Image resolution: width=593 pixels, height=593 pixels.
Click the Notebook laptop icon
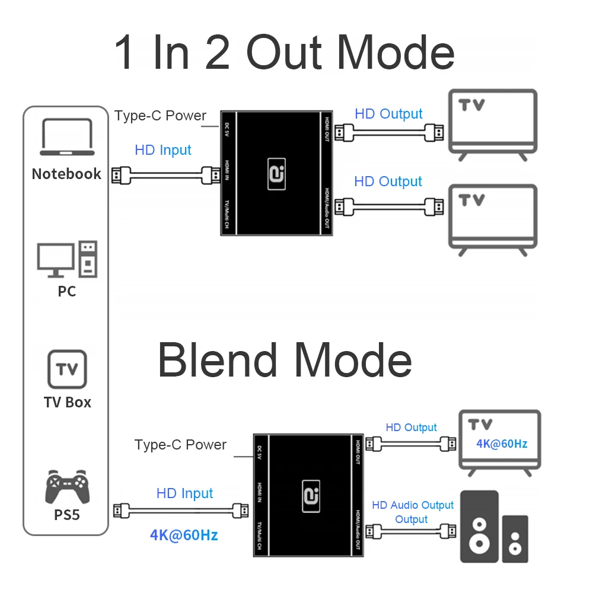[x=67, y=138]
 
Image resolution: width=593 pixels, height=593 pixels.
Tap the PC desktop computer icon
[x=67, y=259]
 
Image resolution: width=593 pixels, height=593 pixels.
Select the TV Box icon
[x=67, y=369]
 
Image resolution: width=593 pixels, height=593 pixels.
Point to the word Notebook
[x=66, y=174]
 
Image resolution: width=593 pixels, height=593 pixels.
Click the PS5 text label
[x=67, y=515]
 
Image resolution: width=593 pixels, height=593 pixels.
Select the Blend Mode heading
[x=285, y=360]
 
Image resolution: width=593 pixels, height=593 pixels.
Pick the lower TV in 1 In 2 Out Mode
[x=492, y=218]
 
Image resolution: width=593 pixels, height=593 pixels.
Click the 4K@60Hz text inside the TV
[x=502, y=444]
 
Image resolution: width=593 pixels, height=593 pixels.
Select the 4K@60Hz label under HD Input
[x=184, y=535]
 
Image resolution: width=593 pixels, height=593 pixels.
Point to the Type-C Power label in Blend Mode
[x=180, y=445]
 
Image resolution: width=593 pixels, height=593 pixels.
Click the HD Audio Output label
[x=412, y=505]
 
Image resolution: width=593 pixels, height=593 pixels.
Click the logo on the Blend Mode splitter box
[x=311, y=496]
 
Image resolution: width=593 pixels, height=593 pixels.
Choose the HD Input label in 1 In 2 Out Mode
[x=163, y=150]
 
